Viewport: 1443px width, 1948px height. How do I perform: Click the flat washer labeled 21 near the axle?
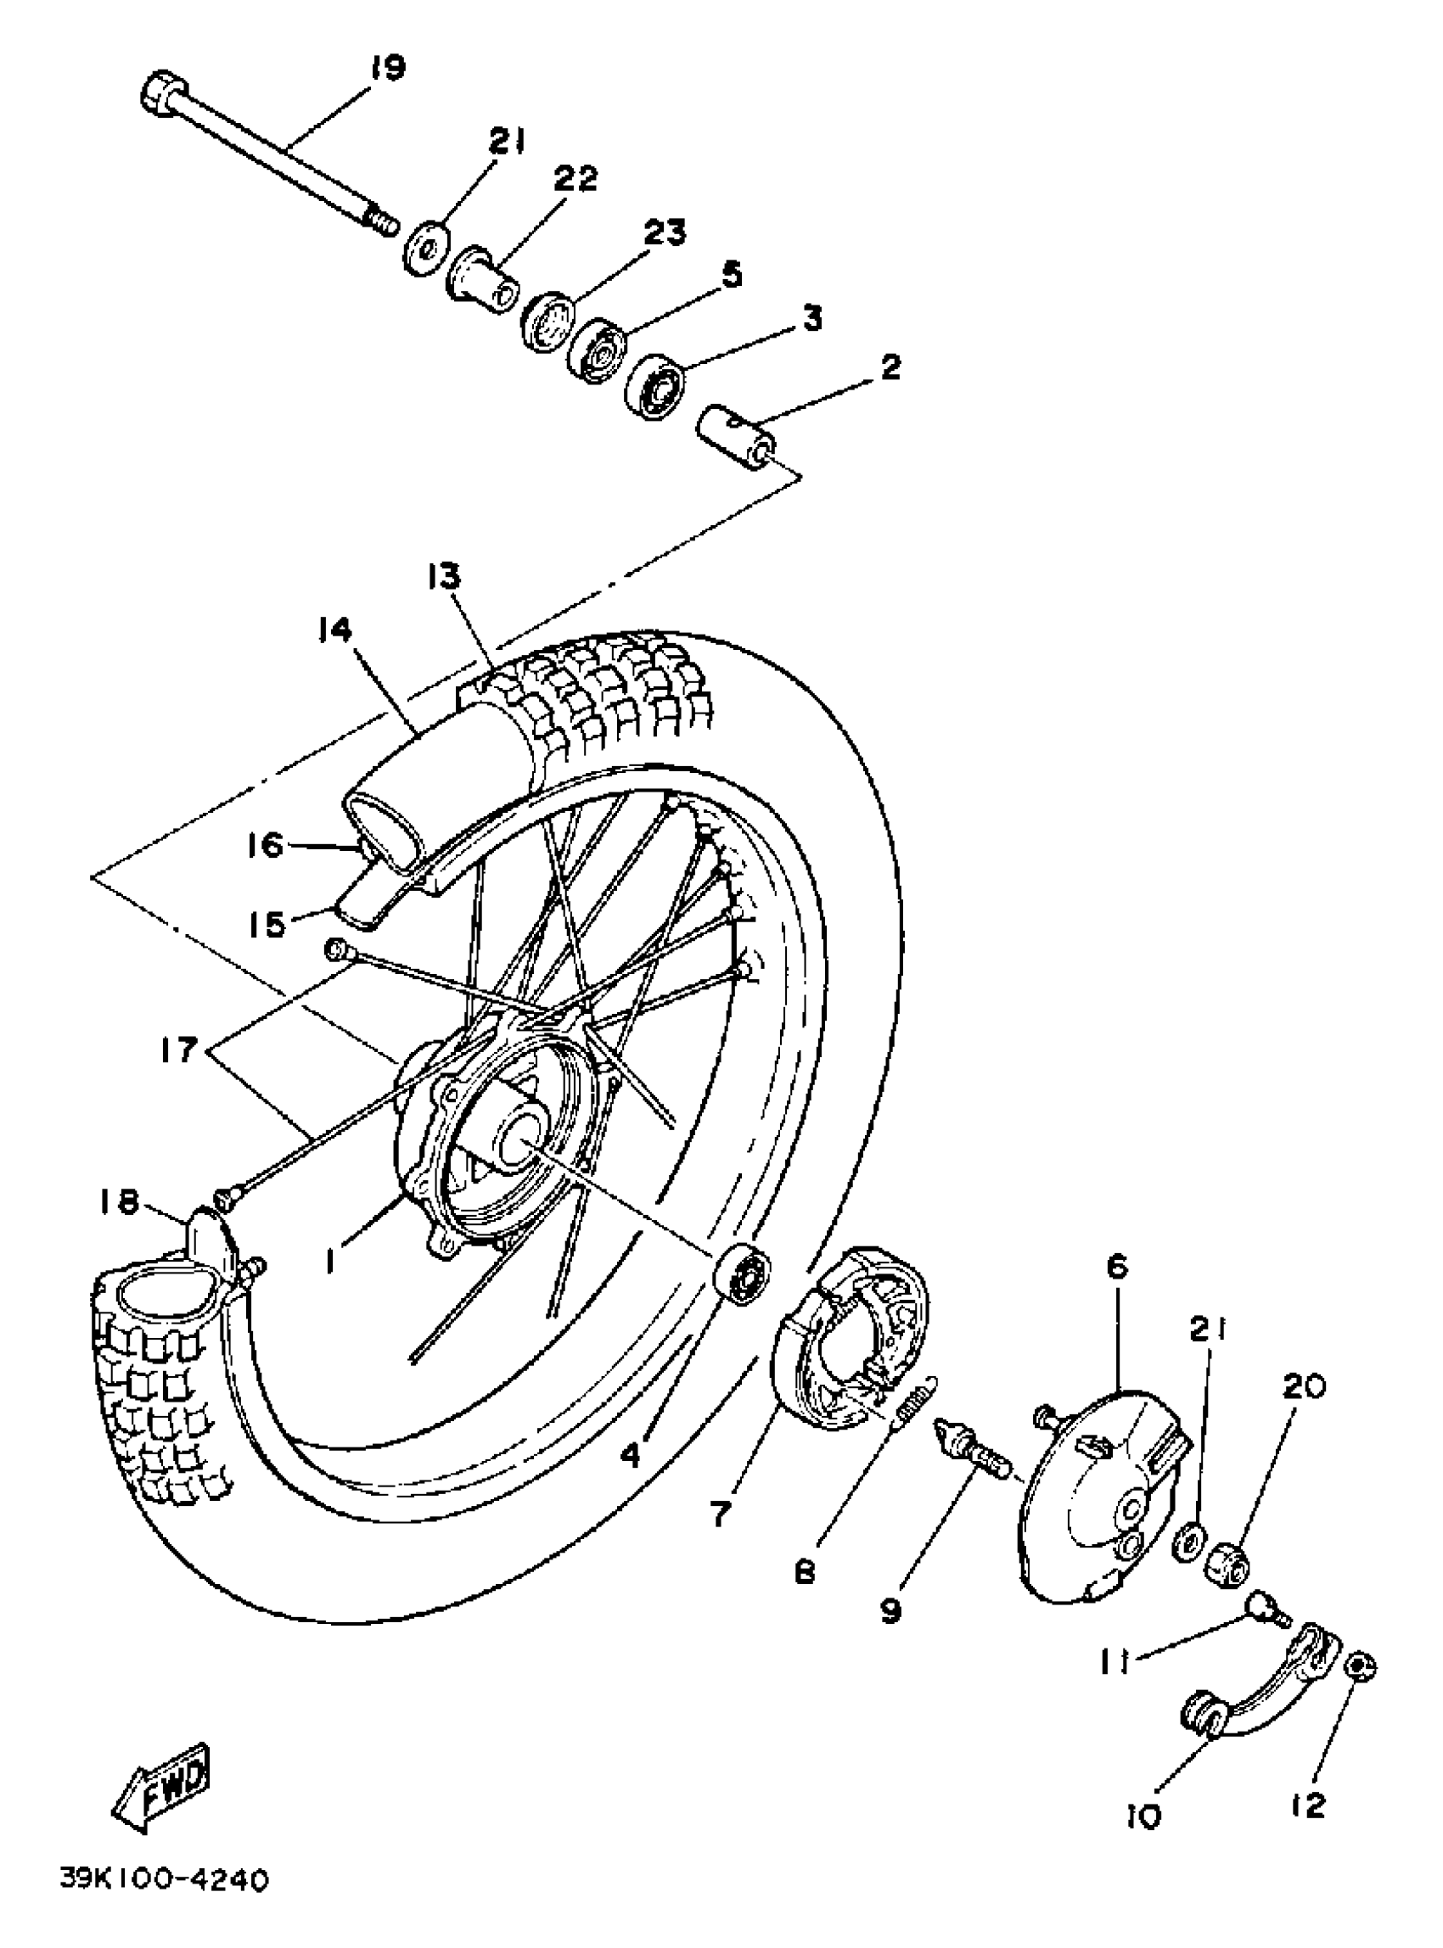[x=427, y=250]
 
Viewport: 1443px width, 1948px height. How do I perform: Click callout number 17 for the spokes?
[x=179, y=1050]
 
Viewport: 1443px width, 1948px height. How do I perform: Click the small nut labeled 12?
[x=1362, y=1669]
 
